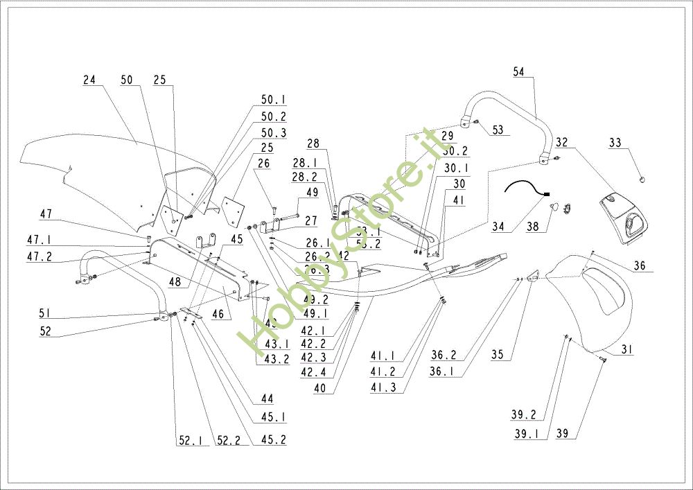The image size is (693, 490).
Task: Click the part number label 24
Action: click(89, 80)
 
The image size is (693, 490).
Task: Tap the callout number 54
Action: click(520, 71)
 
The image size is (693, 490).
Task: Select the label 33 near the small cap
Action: click(615, 143)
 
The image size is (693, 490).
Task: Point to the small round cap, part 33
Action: click(642, 180)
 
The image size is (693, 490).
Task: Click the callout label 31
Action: click(626, 351)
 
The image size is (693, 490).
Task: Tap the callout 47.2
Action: click(39, 257)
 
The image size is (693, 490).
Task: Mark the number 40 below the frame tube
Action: click(319, 388)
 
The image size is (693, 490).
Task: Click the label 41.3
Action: click(383, 388)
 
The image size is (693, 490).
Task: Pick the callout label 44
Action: click(267, 399)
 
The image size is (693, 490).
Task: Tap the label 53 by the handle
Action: click(498, 130)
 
